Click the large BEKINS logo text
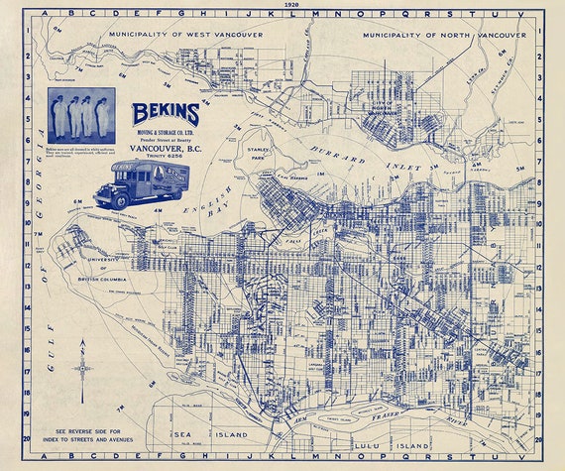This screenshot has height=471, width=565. point(167,114)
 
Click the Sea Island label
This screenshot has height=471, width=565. point(188,434)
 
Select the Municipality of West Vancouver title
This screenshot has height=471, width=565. point(186,35)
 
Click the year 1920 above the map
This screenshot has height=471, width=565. point(289,4)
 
